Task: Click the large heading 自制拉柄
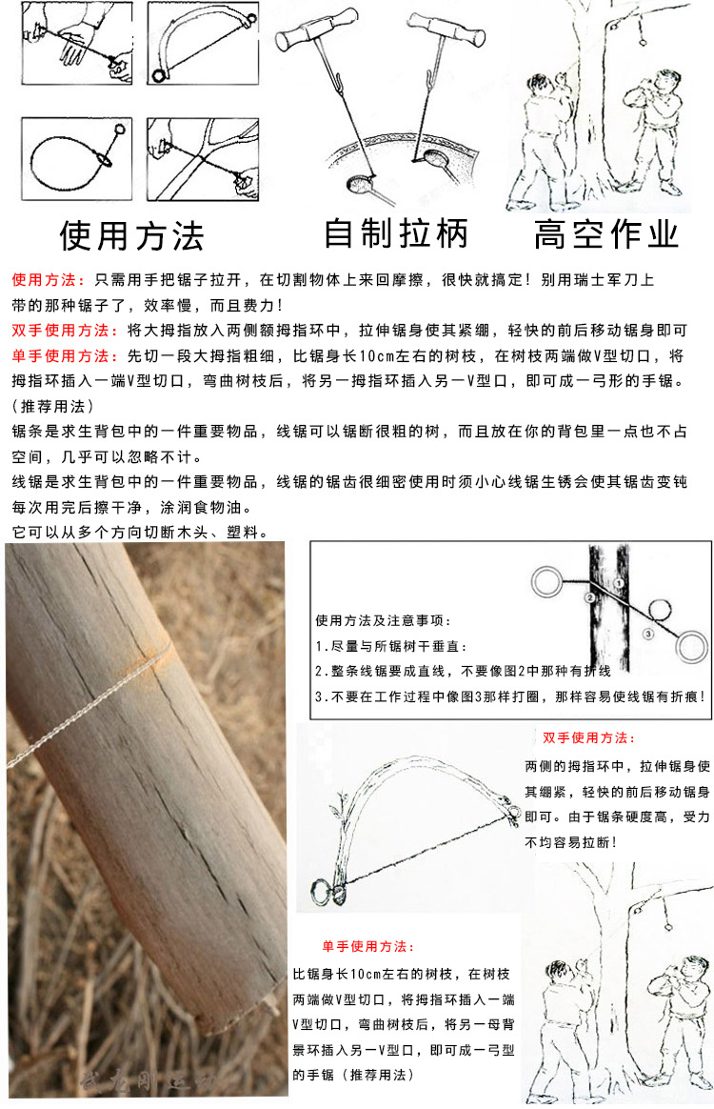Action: tap(396, 234)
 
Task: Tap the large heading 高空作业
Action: tap(606, 234)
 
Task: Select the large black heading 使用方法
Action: tap(132, 235)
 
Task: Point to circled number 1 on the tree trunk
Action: tap(619, 583)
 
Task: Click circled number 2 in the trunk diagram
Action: tap(590, 597)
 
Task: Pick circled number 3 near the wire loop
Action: tap(648, 634)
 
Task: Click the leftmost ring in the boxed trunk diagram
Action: tap(547, 581)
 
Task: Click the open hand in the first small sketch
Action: tap(76, 43)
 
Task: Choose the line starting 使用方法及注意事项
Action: tap(383, 620)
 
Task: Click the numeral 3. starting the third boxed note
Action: tap(320, 696)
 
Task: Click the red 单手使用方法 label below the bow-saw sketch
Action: tap(367, 946)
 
